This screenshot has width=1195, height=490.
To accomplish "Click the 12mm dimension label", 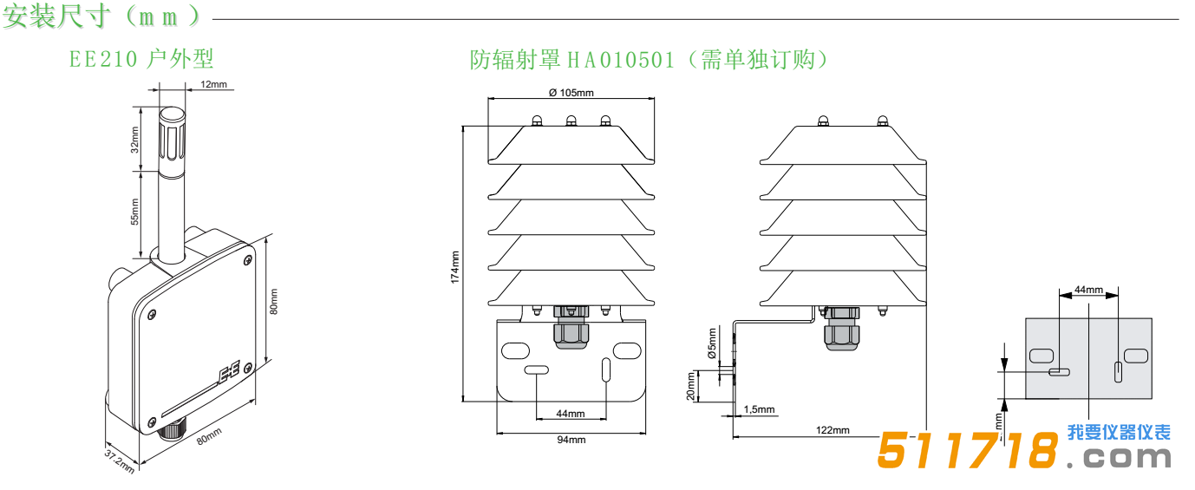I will pyautogui.click(x=213, y=84).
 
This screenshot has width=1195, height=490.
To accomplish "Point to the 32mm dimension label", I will pyautogui.click(x=134, y=140).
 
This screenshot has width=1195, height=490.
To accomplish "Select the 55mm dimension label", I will pyautogui.click(x=134, y=212).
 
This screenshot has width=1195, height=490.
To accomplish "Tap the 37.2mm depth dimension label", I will pyautogui.click(x=120, y=461).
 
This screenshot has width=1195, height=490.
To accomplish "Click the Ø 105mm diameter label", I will pyautogui.click(x=571, y=93).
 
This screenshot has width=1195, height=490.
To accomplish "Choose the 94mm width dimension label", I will pyautogui.click(x=571, y=440).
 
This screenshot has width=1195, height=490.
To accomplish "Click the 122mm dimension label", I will pyautogui.click(x=833, y=430).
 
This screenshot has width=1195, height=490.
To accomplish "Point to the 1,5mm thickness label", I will pyautogui.click(x=759, y=409).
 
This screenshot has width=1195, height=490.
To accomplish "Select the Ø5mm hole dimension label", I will pyautogui.click(x=712, y=343).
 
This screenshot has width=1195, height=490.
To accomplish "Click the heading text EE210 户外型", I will pyautogui.click(x=141, y=59).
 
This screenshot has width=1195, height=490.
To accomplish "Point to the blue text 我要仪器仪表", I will pyautogui.click(x=1119, y=432).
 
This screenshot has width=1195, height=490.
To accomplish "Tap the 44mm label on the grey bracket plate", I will pyautogui.click(x=1088, y=290).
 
